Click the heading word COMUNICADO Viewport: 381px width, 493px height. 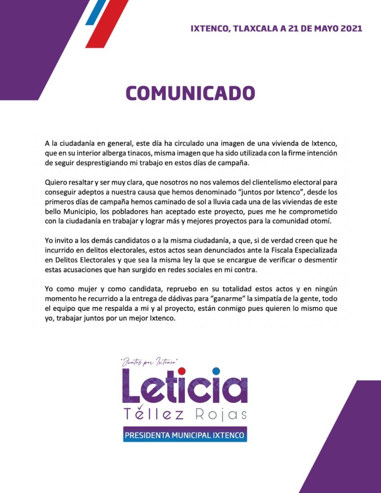pyautogui.click(x=190, y=93)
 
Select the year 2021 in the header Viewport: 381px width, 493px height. pyautogui.click(x=351, y=28)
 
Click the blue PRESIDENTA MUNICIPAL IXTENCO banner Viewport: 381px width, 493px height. pyautogui.click(x=185, y=435)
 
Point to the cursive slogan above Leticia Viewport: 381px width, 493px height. pyautogui.click(x=150, y=361)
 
